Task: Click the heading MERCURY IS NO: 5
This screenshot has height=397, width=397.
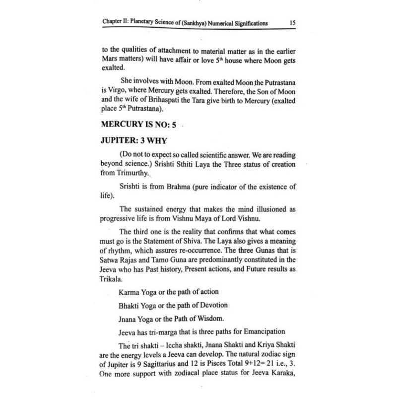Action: click(139, 125)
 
